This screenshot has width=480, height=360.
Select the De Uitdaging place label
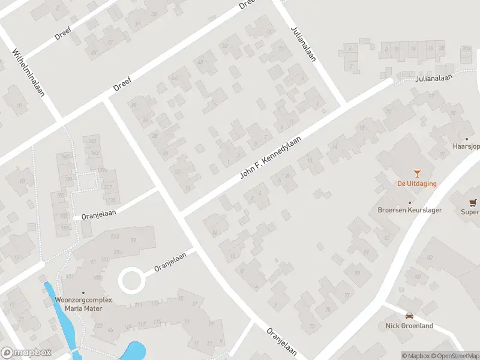pos(416,184)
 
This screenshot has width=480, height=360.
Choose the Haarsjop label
pos(466,146)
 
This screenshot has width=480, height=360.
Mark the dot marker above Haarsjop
pos(466,139)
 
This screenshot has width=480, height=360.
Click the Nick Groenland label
pos(409,326)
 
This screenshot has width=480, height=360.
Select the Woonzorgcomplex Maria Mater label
pos(79,304)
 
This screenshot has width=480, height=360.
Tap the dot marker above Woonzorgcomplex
pos(83,292)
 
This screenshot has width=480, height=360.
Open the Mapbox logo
pos(26,353)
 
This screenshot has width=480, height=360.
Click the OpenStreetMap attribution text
pos(454,356)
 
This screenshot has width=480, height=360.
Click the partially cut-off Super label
pos(470,212)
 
